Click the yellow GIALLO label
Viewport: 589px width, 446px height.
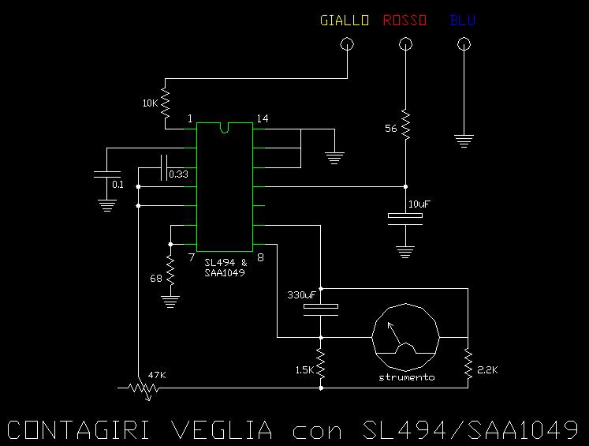(x=345, y=21)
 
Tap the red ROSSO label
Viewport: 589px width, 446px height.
(x=404, y=21)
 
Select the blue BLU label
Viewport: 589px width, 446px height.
(x=462, y=21)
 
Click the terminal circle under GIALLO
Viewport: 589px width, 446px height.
(x=347, y=44)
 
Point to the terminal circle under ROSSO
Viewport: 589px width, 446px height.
(x=405, y=44)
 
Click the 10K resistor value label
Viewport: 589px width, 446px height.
(x=151, y=103)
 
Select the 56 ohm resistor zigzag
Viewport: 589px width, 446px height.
(x=405, y=125)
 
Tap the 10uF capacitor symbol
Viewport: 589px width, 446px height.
(x=405, y=219)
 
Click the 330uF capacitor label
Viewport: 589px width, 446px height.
(x=302, y=295)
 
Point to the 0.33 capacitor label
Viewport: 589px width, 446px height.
(x=178, y=174)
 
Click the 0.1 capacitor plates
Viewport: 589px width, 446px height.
(x=107, y=174)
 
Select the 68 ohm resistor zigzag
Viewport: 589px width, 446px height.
(x=170, y=270)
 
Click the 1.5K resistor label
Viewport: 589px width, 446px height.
(x=304, y=370)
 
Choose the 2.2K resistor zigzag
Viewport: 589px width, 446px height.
(x=468, y=363)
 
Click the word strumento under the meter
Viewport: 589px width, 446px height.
(x=406, y=377)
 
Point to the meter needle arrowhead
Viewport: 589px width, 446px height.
(x=390, y=325)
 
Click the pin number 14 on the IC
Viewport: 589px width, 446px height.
(x=263, y=119)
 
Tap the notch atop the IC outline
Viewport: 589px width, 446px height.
(x=224, y=128)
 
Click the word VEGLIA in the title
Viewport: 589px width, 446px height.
(x=222, y=430)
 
